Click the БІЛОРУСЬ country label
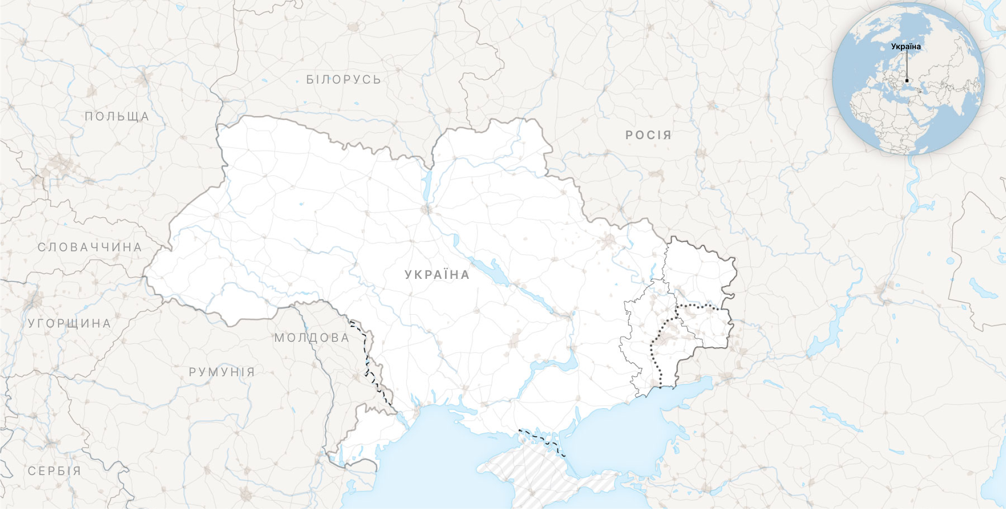(343, 80)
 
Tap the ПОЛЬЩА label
(117, 117)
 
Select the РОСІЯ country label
(648, 135)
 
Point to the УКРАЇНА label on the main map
(437, 275)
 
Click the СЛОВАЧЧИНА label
(90, 247)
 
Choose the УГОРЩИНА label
(69, 324)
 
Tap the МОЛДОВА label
(312, 338)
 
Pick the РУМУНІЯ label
(222, 372)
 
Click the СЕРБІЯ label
(54, 471)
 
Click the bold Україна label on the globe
(906, 47)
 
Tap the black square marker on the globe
(907, 81)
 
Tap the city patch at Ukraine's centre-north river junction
(426, 210)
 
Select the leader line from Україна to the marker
(907, 64)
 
